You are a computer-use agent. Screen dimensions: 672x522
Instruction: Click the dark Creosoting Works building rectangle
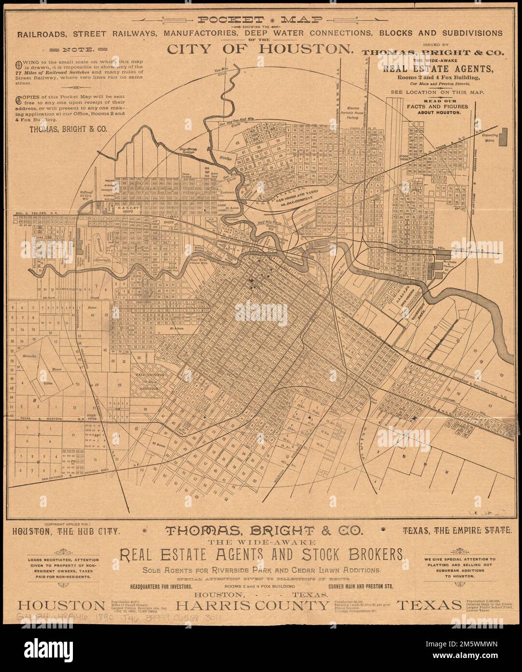pos(505,137)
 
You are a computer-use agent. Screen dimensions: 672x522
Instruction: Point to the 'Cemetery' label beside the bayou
pos(102,260)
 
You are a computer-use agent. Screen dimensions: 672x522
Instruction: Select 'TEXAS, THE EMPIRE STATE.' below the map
pos(457,530)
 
